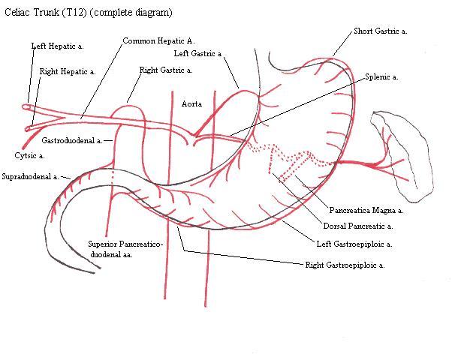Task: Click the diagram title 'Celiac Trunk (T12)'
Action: click(46, 13)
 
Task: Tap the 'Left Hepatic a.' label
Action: click(57, 46)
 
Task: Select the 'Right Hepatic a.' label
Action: click(68, 71)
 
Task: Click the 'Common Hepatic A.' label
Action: click(158, 41)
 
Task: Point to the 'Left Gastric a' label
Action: click(197, 53)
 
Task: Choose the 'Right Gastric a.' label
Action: click(166, 70)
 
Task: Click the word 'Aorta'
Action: click(191, 104)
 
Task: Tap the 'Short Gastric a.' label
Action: click(381, 31)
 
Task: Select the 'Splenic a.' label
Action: click(381, 77)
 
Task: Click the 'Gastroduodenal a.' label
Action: click(72, 140)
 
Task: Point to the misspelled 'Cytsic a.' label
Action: click(29, 156)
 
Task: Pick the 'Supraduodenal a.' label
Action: click(30, 176)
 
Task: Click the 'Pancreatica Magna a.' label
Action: click(366, 211)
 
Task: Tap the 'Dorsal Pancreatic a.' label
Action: click(358, 226)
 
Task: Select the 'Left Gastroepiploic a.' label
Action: click(354, 244)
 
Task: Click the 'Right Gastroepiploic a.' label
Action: click(345, 265)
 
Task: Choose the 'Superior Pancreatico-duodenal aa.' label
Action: click(125, 250)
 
